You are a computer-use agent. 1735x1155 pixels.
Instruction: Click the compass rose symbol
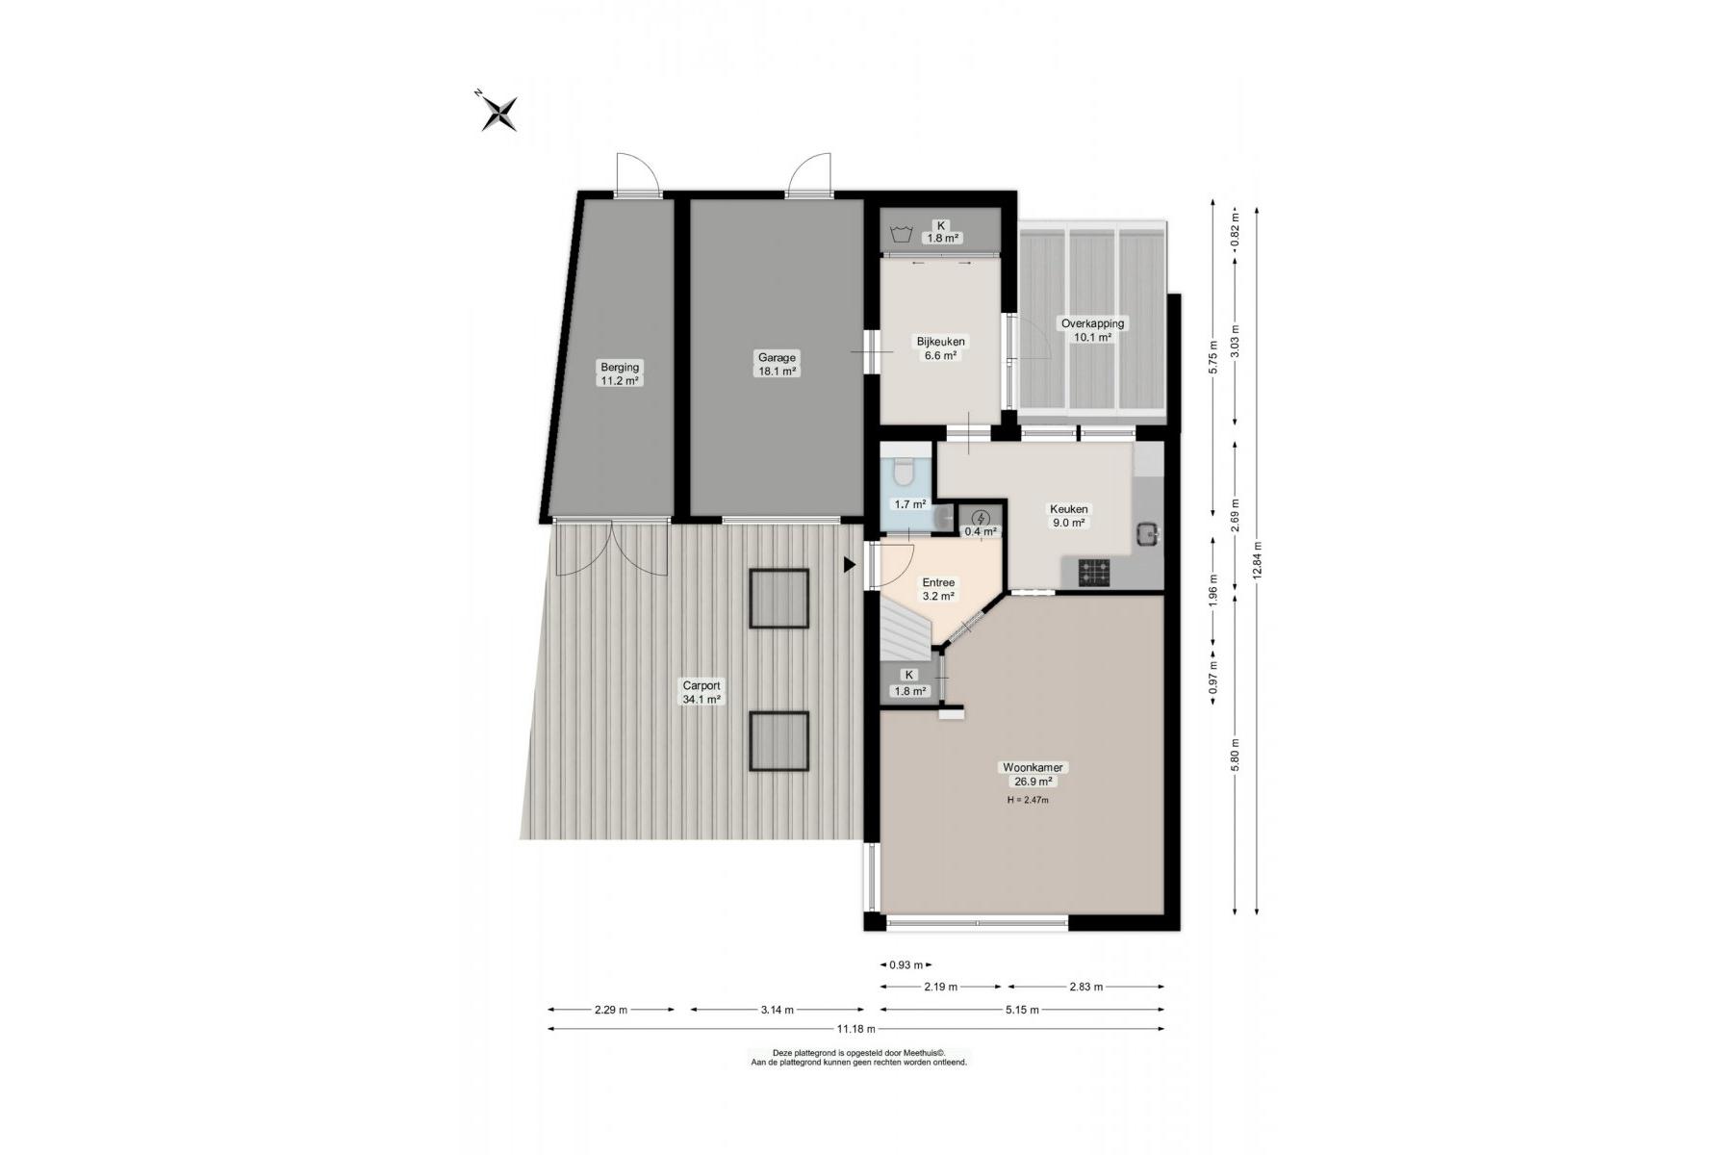tap(499, 112)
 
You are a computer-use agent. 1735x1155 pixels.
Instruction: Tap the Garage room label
tap(777, 358)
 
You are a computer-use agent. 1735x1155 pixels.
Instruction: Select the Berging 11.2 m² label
tap(620, 373)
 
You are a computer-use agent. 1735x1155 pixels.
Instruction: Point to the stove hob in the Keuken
tap(1095, 574)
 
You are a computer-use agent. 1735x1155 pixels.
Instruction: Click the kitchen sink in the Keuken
tap(1147, 533)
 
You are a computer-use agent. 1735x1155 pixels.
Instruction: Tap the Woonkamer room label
tap(1033, 767)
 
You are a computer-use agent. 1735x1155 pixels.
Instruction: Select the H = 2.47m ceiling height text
tap(1028, 800)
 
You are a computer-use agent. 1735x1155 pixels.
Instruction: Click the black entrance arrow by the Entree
tap(849, 565)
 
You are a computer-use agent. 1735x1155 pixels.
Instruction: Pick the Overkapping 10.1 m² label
tap(1092, 330)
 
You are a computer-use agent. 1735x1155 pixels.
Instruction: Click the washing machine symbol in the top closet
tap(902, 233)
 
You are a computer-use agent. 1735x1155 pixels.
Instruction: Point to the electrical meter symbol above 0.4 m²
tap(981, 519)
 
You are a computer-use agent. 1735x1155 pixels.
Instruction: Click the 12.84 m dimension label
tap(1257, 560)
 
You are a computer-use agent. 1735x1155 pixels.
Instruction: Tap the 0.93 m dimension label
tap(906, 964)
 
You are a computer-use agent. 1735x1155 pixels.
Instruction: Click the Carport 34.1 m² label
tap(702, 693)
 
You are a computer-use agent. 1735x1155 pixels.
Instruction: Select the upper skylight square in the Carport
tap(779, 599)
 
